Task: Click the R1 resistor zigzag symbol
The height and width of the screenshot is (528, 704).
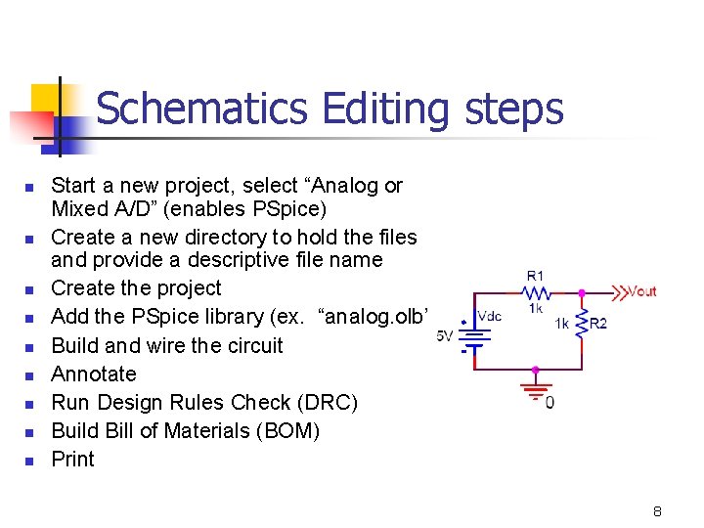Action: (x=537, y=291)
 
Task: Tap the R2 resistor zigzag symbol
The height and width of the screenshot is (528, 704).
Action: (x=582, y=324)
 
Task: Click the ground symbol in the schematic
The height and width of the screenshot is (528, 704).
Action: (x=535, y=392)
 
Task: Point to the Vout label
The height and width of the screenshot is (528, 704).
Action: (x=641, y=290)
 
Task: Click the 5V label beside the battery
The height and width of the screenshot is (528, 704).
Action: (x=444, y=337)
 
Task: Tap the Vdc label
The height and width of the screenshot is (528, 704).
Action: (x=489, y=316)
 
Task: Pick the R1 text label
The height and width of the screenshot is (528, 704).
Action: (x=536, y=276)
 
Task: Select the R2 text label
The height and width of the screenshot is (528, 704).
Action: (x=597, y=324)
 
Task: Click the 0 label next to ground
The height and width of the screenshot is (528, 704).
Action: (x=550, y=403)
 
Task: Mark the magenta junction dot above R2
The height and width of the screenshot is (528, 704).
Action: (x=582, y=291)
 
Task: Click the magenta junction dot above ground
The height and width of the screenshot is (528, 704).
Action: (x=535, y=371)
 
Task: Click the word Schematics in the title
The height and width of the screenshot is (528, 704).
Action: (x=201, y=110)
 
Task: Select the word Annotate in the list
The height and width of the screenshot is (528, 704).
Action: (x=94, y=374)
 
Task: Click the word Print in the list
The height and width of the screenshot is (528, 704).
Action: (x=72, y=459)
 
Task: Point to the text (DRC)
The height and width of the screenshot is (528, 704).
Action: (x=328, y=402)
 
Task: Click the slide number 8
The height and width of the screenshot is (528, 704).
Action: (x=658, y=511)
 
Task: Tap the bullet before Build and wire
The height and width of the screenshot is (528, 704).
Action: (x=30, y=347)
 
